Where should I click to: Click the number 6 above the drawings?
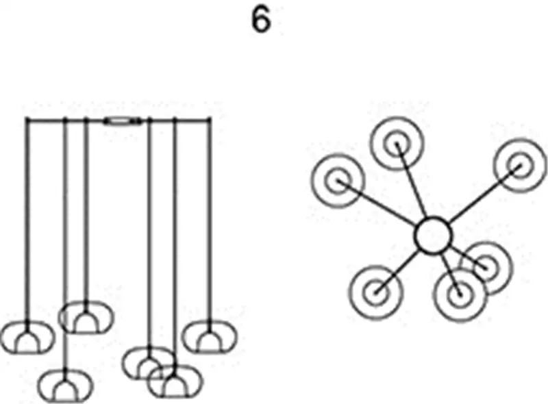pos(261,21)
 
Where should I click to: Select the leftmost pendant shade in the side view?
pos(27,337)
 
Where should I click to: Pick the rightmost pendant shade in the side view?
pos(208,337)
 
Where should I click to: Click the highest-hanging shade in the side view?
pos(86,317)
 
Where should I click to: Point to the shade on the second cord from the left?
pos(64,386)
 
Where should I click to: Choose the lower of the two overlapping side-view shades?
pos(175,381)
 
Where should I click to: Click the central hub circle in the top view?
pos(434,235)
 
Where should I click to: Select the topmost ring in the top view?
pos(397,143)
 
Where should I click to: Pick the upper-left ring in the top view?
pos(336,181)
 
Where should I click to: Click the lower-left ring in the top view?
pos(374,292)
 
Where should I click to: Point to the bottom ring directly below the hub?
pos(458,296)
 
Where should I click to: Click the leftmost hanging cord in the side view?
pos(27,219)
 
